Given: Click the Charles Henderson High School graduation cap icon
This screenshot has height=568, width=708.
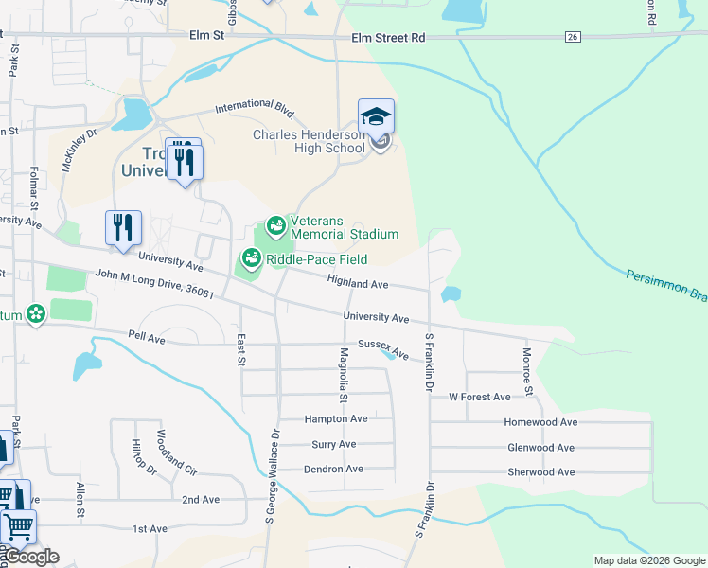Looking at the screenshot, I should tap(376, 116).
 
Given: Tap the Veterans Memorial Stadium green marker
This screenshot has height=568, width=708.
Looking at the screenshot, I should tap(275, 225).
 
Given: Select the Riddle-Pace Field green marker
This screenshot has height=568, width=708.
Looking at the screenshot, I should tap(251, 257).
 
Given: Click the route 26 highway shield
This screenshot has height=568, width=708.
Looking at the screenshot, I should tap(572, 37).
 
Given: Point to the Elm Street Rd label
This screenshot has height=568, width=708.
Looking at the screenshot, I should tap(388, 38).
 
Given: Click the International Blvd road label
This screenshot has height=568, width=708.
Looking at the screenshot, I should tap(254, 106).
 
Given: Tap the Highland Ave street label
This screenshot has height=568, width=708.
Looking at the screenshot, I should tap(358, 283).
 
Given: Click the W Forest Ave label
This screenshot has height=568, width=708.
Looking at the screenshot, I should tap(479, 398).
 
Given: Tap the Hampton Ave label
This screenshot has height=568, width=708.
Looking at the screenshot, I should tap(335, 418).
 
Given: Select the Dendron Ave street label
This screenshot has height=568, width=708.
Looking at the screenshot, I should tap(333, 469).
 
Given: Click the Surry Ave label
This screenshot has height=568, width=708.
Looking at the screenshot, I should tap(333, 444).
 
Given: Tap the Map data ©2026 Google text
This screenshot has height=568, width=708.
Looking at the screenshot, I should tap(648, 560).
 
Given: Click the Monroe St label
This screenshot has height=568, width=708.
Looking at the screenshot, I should tap(527, 372).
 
